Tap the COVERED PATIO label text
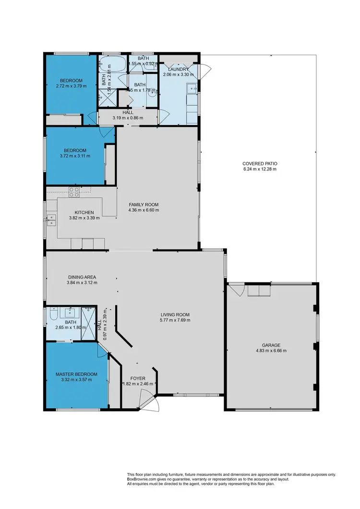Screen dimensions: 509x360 [x=260, y=164]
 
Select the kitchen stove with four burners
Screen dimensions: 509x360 [x=74, y=193]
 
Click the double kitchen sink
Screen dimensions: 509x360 [x=51, y=220]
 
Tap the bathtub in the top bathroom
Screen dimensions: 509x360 [x=111, y=63]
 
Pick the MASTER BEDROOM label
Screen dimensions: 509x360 [x=76, y=374]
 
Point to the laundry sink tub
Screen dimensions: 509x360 [x=192, y=88]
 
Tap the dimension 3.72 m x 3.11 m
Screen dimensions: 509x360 [x=75, y=156]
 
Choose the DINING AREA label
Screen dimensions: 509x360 [x=82, y=277]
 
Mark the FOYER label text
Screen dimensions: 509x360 [x=138, y=378]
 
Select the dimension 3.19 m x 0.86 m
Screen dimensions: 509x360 [x=128, y=118]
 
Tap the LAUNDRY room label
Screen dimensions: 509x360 [x=179, y=69]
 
